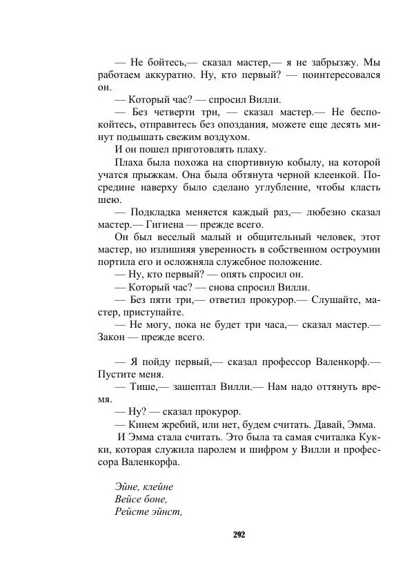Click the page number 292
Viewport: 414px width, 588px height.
tap(239, 535)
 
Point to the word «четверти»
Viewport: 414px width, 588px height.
tap(181, 112)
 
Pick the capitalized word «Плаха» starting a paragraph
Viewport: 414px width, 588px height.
tap(130, 162)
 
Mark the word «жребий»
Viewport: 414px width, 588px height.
tap(175, 424)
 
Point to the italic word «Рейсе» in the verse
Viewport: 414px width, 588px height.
tap(130, 511)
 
